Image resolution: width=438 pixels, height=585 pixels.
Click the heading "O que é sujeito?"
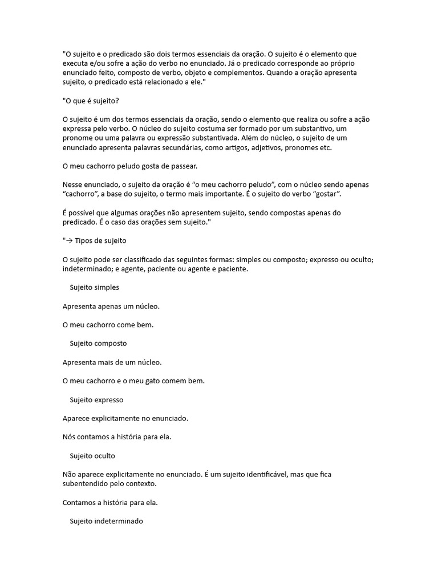pos(91,101)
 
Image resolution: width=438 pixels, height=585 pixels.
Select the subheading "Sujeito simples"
pos(94,287)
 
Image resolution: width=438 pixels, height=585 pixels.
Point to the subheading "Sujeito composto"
pos(98,343)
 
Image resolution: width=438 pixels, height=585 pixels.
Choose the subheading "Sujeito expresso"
pos(96,400)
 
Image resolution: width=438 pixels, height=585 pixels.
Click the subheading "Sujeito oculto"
pos(92,456)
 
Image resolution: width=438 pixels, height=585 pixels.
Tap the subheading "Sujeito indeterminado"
pos(107,522)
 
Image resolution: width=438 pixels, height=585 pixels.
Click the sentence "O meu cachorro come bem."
pos(108,324)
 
